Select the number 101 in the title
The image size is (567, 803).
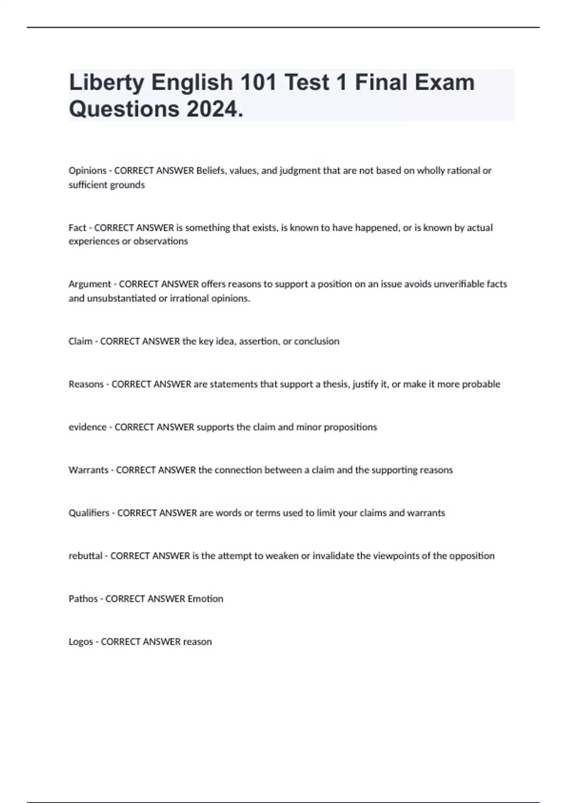[x=258, y=83]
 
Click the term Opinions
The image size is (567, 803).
[x=87, y=171]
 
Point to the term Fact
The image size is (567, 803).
[x=77, y=228]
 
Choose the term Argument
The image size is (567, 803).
[x=89, y=284]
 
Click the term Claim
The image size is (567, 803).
[x=80, y=341]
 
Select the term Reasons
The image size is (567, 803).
[x=86, y=384]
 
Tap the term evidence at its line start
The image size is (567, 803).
[x=87, y=427]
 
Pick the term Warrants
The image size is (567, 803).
[x=88, y=470]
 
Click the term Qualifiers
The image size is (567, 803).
[x=89, y=513]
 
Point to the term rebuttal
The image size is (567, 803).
[x=86, y=556]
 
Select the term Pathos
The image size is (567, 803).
[x=83, y=599]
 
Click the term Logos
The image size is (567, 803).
[x=81, y=642]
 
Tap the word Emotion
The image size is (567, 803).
[x=205, y=599]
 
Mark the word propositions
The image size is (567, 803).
[x=350, y=427]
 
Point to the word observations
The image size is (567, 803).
[x=161, y=241]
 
